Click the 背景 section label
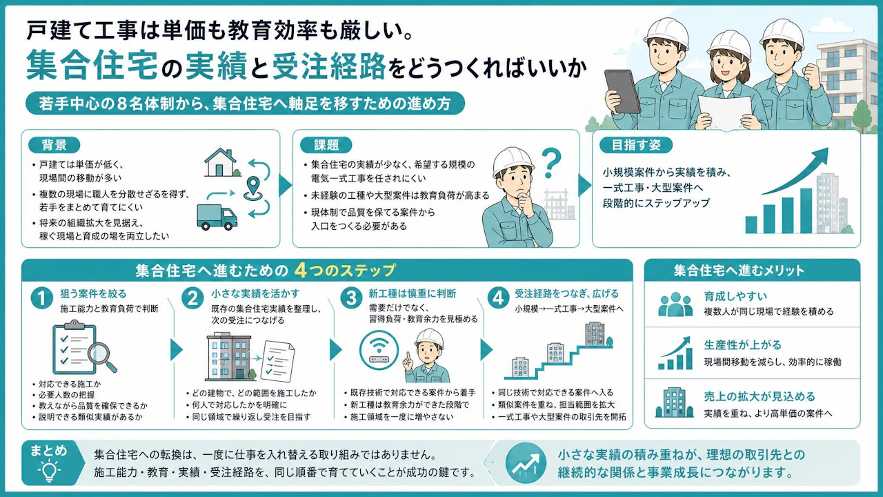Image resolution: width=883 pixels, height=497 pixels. [x=54, y=145]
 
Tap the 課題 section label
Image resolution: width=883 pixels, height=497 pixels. [x=326, y=145]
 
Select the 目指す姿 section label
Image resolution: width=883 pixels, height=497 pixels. [x=635, y=145]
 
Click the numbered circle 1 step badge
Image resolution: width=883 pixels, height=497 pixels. [x=42, y=299]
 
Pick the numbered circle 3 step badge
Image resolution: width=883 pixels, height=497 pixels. [x=351, y=298]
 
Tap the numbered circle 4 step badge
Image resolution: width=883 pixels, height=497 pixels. [x=498, y=298]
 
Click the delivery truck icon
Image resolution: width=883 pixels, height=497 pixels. [x=217, y=217]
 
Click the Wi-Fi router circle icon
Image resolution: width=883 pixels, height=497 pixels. [x=379, y=350]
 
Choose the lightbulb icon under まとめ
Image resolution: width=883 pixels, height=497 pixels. [x=49, y=470]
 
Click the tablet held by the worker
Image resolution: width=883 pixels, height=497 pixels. [x=622, y=92]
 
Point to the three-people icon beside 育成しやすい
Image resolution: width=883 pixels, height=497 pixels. [x=675, y=304]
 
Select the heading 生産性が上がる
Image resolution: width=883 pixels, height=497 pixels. [x=743, y=344]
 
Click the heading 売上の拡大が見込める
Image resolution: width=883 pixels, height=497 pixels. [x=760, y=396]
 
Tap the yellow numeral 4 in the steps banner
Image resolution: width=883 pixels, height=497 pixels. [x=301, y=271]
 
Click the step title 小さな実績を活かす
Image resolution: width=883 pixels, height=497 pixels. [x=255, y=293]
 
